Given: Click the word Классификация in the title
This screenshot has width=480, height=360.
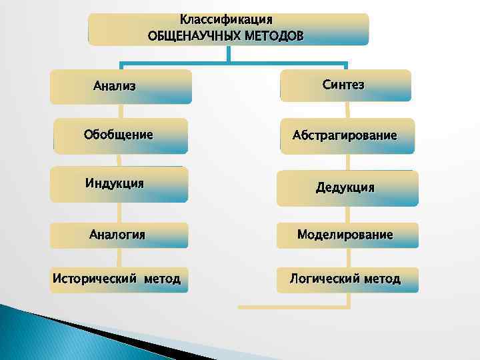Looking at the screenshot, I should [x=226, y=19].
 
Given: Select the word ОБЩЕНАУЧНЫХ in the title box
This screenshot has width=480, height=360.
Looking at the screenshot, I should [x=190, y=34].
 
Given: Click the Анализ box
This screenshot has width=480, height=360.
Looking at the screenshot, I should [x=121, y=87].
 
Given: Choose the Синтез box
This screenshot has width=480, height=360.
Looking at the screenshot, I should [x=345, y=85].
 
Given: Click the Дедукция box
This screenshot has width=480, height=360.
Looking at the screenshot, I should [x=347, y=187].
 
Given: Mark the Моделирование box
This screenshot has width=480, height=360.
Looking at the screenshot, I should [x=346, y=235].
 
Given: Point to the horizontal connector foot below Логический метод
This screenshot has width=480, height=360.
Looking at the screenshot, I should [x=293, y=307].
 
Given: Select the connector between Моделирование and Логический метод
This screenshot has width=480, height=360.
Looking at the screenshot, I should [x=347, y=258].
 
